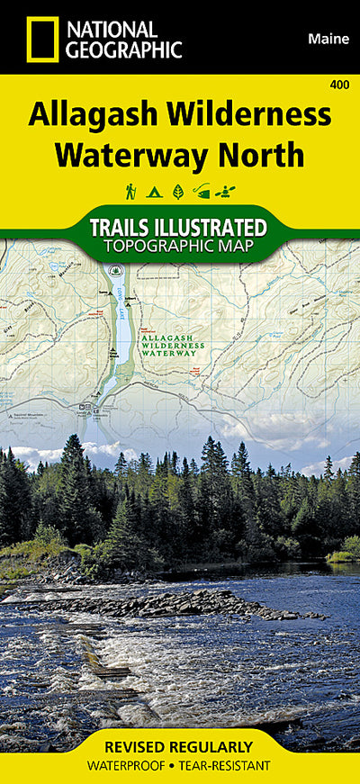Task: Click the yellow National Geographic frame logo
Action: click(41, 40)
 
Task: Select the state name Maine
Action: click(328, 39)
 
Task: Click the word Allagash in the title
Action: click(95, 116)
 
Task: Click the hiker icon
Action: click(130, 191)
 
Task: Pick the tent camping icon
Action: click(154, 191)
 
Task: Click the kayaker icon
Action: click(229, 191)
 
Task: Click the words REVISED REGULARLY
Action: click(179, 747)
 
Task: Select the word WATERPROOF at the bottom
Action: click(132, 765)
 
